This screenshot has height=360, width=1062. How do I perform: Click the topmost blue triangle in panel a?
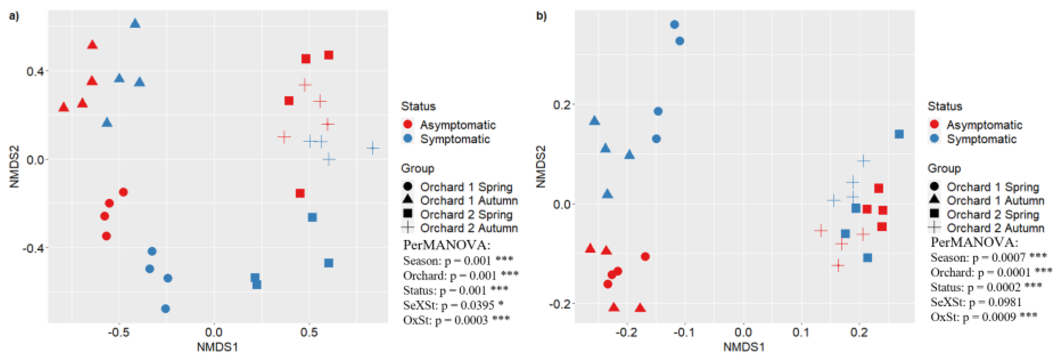coord(135,24)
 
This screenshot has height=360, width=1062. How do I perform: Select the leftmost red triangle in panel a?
coord(63,108)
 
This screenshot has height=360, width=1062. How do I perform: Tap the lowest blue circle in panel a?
coord(165,308)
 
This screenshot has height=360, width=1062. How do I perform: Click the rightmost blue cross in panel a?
coord(373,148)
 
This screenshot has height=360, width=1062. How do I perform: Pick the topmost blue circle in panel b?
coord(675,25)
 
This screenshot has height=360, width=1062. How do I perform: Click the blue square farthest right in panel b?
coord(899,134)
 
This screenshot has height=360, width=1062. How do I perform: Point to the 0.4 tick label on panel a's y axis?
coord(35,71)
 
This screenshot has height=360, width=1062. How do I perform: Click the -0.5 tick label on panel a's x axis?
coord(119,332)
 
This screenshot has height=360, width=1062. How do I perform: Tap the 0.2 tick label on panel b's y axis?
coord(561,105)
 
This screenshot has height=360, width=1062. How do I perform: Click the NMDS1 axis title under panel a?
coord(217,347)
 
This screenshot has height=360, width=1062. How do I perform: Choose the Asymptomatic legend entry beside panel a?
coord(457,124)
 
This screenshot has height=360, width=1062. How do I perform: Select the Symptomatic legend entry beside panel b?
coord(981,139)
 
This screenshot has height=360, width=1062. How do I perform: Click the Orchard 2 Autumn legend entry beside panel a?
coord(468,228)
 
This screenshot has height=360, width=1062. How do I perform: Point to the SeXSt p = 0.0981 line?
coord(976,302)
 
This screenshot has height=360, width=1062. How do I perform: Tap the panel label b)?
coord(541,16)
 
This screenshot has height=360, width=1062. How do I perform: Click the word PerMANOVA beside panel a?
coord(447,245)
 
